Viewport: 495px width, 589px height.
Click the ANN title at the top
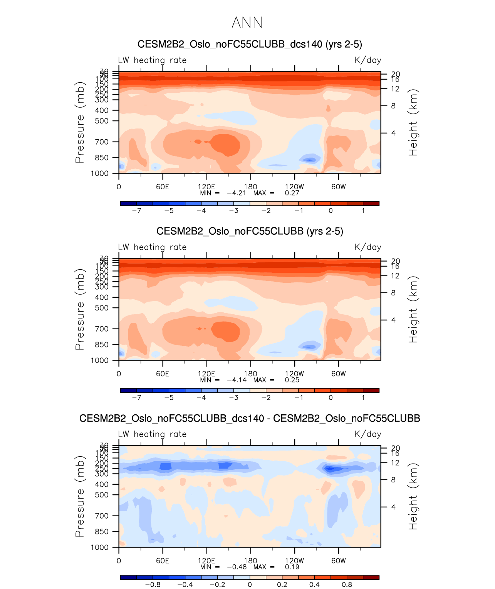coord(247,23)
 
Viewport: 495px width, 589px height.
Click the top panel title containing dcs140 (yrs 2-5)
coord(250,44)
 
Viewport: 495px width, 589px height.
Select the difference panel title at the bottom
coord(250,418)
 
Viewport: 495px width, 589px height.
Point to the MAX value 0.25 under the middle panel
coord(292,380)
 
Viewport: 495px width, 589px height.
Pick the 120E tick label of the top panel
coord(206,187)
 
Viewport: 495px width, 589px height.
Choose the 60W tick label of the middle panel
coord(339,374)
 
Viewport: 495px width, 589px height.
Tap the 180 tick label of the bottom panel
coord(250,561)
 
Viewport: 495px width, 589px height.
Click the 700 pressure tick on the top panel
coord(102,142)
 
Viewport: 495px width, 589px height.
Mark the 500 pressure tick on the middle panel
coord(102,308)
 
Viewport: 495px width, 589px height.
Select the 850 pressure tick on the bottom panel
coord(102,532)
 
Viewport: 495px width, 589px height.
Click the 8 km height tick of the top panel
coord(393,106)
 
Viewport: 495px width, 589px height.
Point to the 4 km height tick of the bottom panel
coord(393,507)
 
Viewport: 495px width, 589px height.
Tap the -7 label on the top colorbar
coord(136,211)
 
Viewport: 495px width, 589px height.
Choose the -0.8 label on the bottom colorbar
coord(153,584)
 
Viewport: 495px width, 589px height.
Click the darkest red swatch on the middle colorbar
coord(371,390)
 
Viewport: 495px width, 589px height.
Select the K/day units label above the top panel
coord(367,60)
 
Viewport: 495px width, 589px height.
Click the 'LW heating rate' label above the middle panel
coord(152,247)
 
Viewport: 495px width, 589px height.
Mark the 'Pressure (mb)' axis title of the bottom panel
coord(80,496)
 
